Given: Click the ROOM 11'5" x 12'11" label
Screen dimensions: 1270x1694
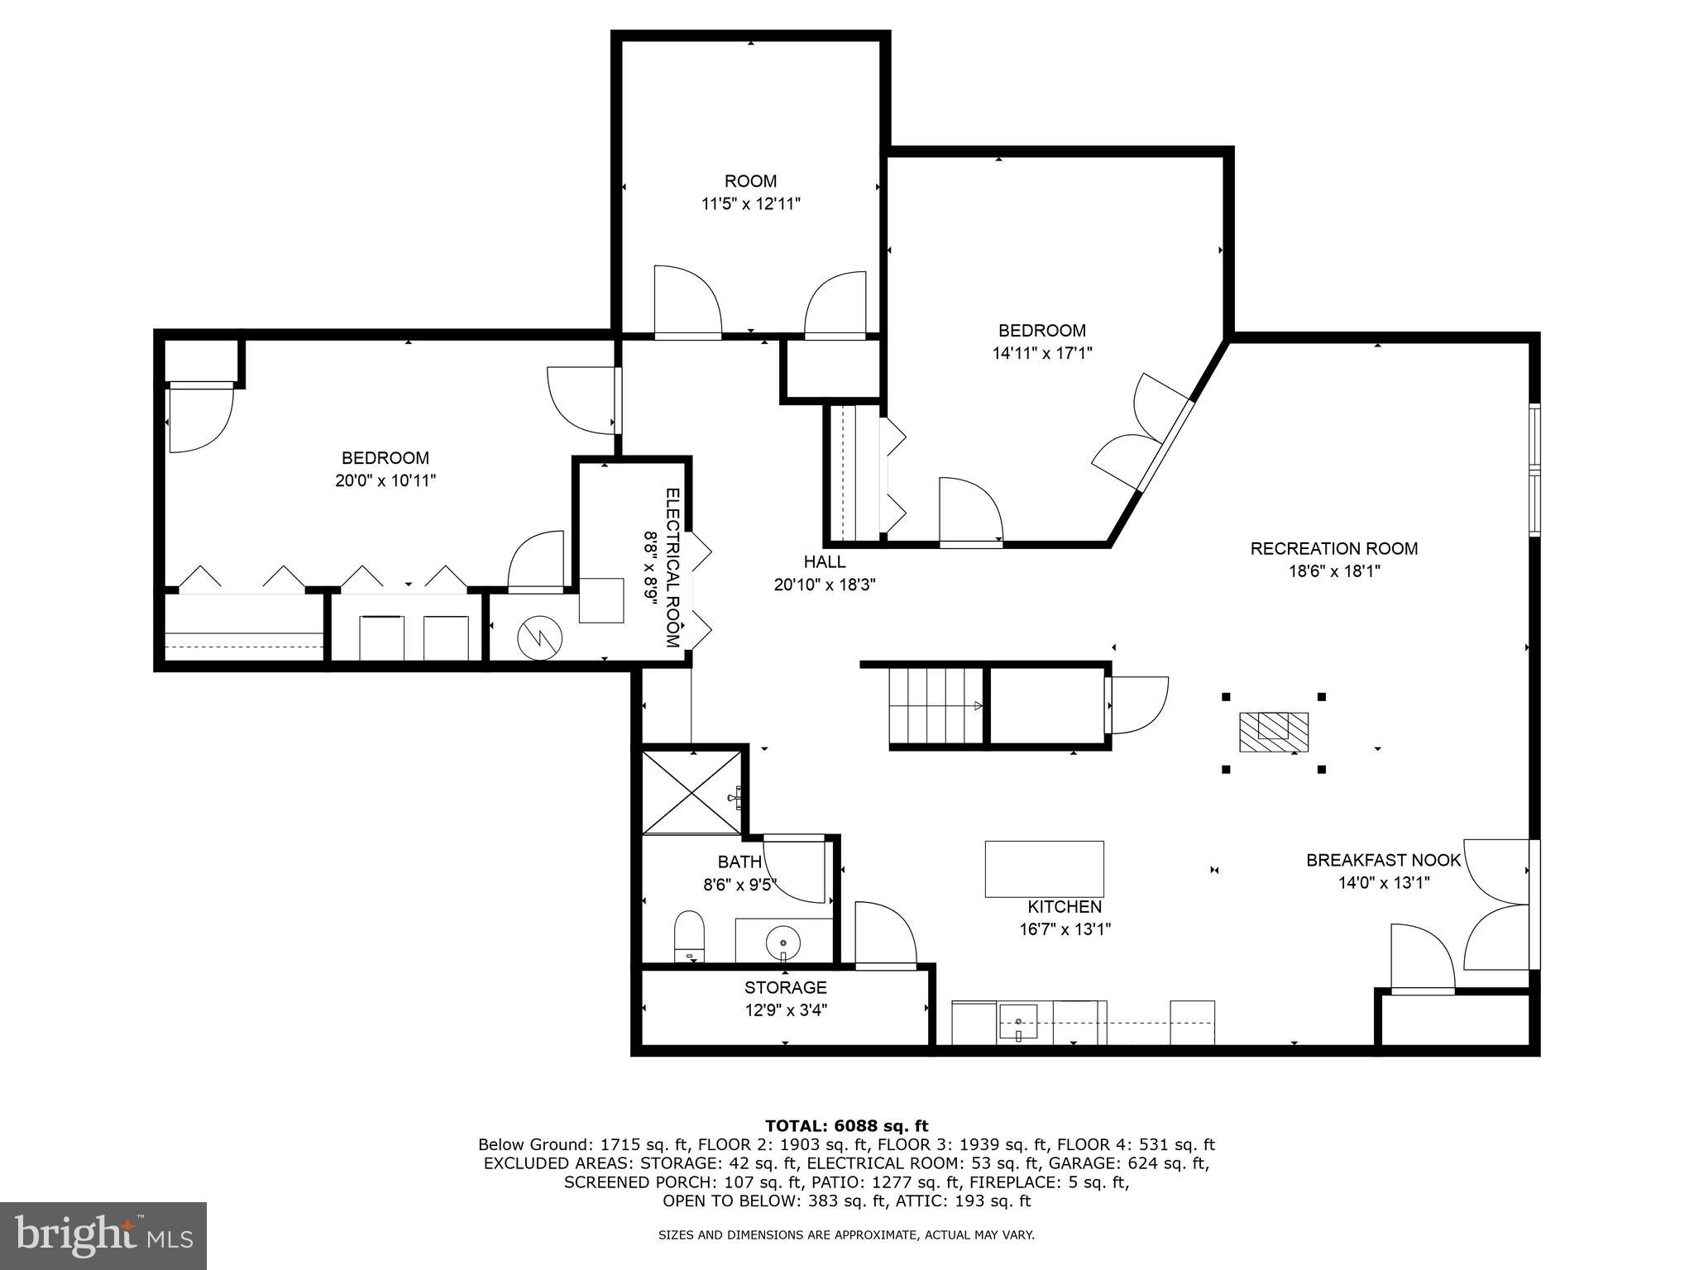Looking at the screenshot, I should tap(750, 192).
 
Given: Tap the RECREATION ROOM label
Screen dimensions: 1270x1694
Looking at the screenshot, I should tap(1333, 548).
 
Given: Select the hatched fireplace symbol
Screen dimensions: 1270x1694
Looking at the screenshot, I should tap(1273, 732).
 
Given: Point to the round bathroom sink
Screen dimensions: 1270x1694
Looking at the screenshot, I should tap(783, 941).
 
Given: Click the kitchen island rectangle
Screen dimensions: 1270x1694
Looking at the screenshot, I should tap(1044, 869).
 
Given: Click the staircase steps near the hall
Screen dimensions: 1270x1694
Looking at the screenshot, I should tap(935, 706).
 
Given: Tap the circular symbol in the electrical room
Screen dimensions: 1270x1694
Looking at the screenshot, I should tap(540, 637).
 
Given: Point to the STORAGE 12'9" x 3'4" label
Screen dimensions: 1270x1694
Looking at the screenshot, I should tap(785, 998).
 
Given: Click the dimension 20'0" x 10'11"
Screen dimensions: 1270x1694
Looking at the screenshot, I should tap(385, 480).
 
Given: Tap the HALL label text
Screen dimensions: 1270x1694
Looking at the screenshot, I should tap(825, 562).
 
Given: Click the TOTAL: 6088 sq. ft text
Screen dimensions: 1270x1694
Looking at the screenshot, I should tap(846, 1125).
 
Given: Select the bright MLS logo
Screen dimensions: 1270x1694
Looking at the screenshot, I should tap(103, 1234).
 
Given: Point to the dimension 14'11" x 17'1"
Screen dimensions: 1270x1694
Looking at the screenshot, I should tap(1042, 353).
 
